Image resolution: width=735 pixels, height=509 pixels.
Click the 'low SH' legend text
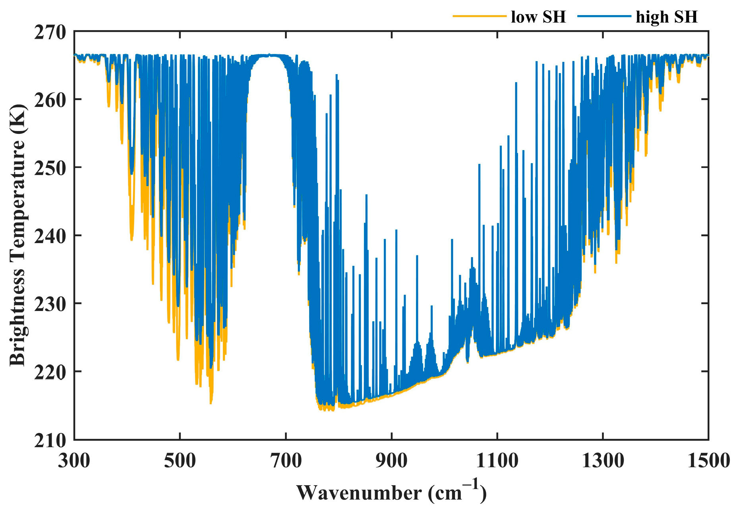[x=538, y=17]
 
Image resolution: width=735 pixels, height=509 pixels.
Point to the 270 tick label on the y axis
[x=50, y=33]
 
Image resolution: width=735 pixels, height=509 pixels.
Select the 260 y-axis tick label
[x=50, y=100]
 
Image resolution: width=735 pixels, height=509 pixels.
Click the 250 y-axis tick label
[x=50, y=168]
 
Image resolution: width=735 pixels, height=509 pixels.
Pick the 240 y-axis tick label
[x=50, y=236]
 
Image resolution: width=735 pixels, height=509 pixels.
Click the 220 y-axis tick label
[x=50, y=372]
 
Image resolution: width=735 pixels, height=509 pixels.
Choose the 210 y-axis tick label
[x=50, y=440]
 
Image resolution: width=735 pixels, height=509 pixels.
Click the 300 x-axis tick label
[x=74, y=461]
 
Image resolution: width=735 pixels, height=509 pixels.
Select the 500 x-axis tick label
[x=180, y=461]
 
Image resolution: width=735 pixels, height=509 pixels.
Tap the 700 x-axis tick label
[x=286, y=461]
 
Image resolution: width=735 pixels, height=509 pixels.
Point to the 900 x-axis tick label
[x=392, y=461]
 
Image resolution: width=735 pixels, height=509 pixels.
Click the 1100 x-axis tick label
[x=497, y=461]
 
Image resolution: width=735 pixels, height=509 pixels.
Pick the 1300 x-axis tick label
[x=603, y=461]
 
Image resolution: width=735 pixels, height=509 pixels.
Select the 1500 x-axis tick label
[x=708, y=461]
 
